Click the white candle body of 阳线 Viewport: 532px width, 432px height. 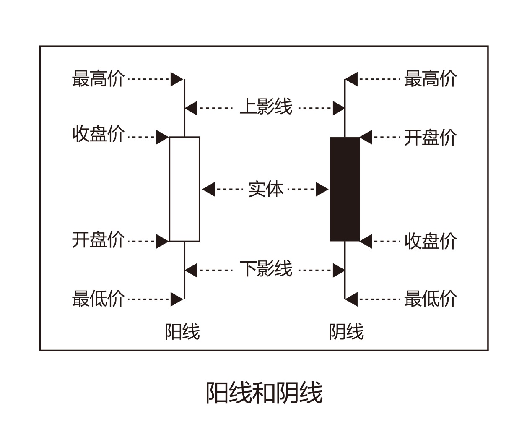point(184,189)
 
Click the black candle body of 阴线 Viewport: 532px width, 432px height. point(345,189)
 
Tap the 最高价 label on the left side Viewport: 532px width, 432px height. point(98,79)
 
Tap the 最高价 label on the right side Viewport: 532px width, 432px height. point(430,79)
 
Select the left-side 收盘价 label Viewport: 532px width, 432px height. point(98,135)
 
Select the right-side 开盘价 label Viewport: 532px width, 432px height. point(430,138)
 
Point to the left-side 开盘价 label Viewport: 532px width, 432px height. point(98,240)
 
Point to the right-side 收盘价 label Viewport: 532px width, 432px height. point(430,241)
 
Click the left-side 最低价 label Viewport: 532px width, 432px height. point(98,299)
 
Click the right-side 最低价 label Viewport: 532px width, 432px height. point(430,299)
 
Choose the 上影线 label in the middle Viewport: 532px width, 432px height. point(266,107)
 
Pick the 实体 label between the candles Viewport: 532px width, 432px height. point(266,189)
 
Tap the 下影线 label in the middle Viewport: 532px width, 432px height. point(266,269)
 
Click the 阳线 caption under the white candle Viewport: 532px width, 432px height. point(182,332)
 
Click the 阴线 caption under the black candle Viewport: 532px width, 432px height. point(346,332)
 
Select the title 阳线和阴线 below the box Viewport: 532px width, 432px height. point(264,393)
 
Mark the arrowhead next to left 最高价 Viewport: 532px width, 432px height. point(177,79)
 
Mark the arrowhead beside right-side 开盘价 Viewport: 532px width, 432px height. point(366,137)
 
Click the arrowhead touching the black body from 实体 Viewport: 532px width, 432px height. point(322,190)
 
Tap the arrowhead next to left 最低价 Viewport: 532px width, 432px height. point(177,299)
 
